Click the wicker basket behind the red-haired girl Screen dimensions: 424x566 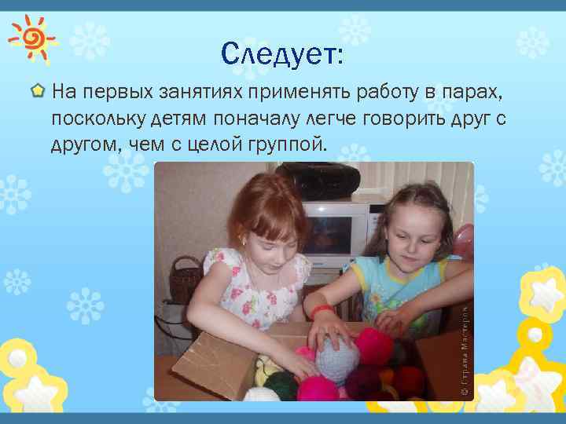pos(187,279)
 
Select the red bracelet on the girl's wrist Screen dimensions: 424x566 pos(321,311)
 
